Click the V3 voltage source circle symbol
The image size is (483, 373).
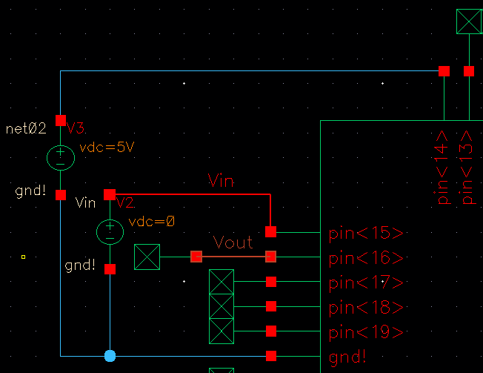click(x=61, y=157)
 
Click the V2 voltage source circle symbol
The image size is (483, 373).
click(x=110, y=231)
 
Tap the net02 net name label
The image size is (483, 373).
click(x=26, y=129)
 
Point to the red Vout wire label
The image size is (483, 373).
click(x=233, y=242)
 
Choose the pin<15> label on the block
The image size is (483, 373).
click(x=366, y=234)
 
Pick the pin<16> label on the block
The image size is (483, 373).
click(x=366, y=258)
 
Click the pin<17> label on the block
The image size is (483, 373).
click(x=366, y=283)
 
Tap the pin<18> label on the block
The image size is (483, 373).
click(x=366, y=307)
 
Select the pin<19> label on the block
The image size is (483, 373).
click(x=366, y=331)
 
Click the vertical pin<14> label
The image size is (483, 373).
click(x=443, y=168)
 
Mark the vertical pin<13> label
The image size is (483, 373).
click(x=467, y=168)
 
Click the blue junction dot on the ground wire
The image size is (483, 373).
click(x=110, y=356)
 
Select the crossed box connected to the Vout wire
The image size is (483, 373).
click(x=147, y=257)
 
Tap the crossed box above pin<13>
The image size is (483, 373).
click(x=468, y=21)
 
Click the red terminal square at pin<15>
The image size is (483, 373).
click(x=271, y=232)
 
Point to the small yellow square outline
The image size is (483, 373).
click(x=24, y=257)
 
